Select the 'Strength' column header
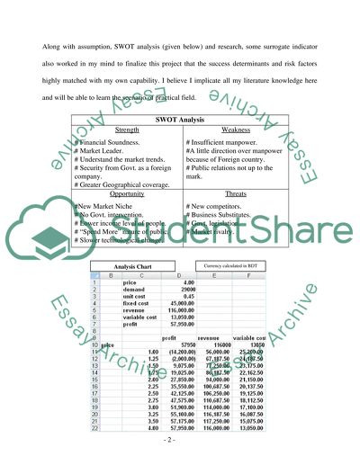(x=126, y=130)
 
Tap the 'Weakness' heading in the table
(x=232, y=130)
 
